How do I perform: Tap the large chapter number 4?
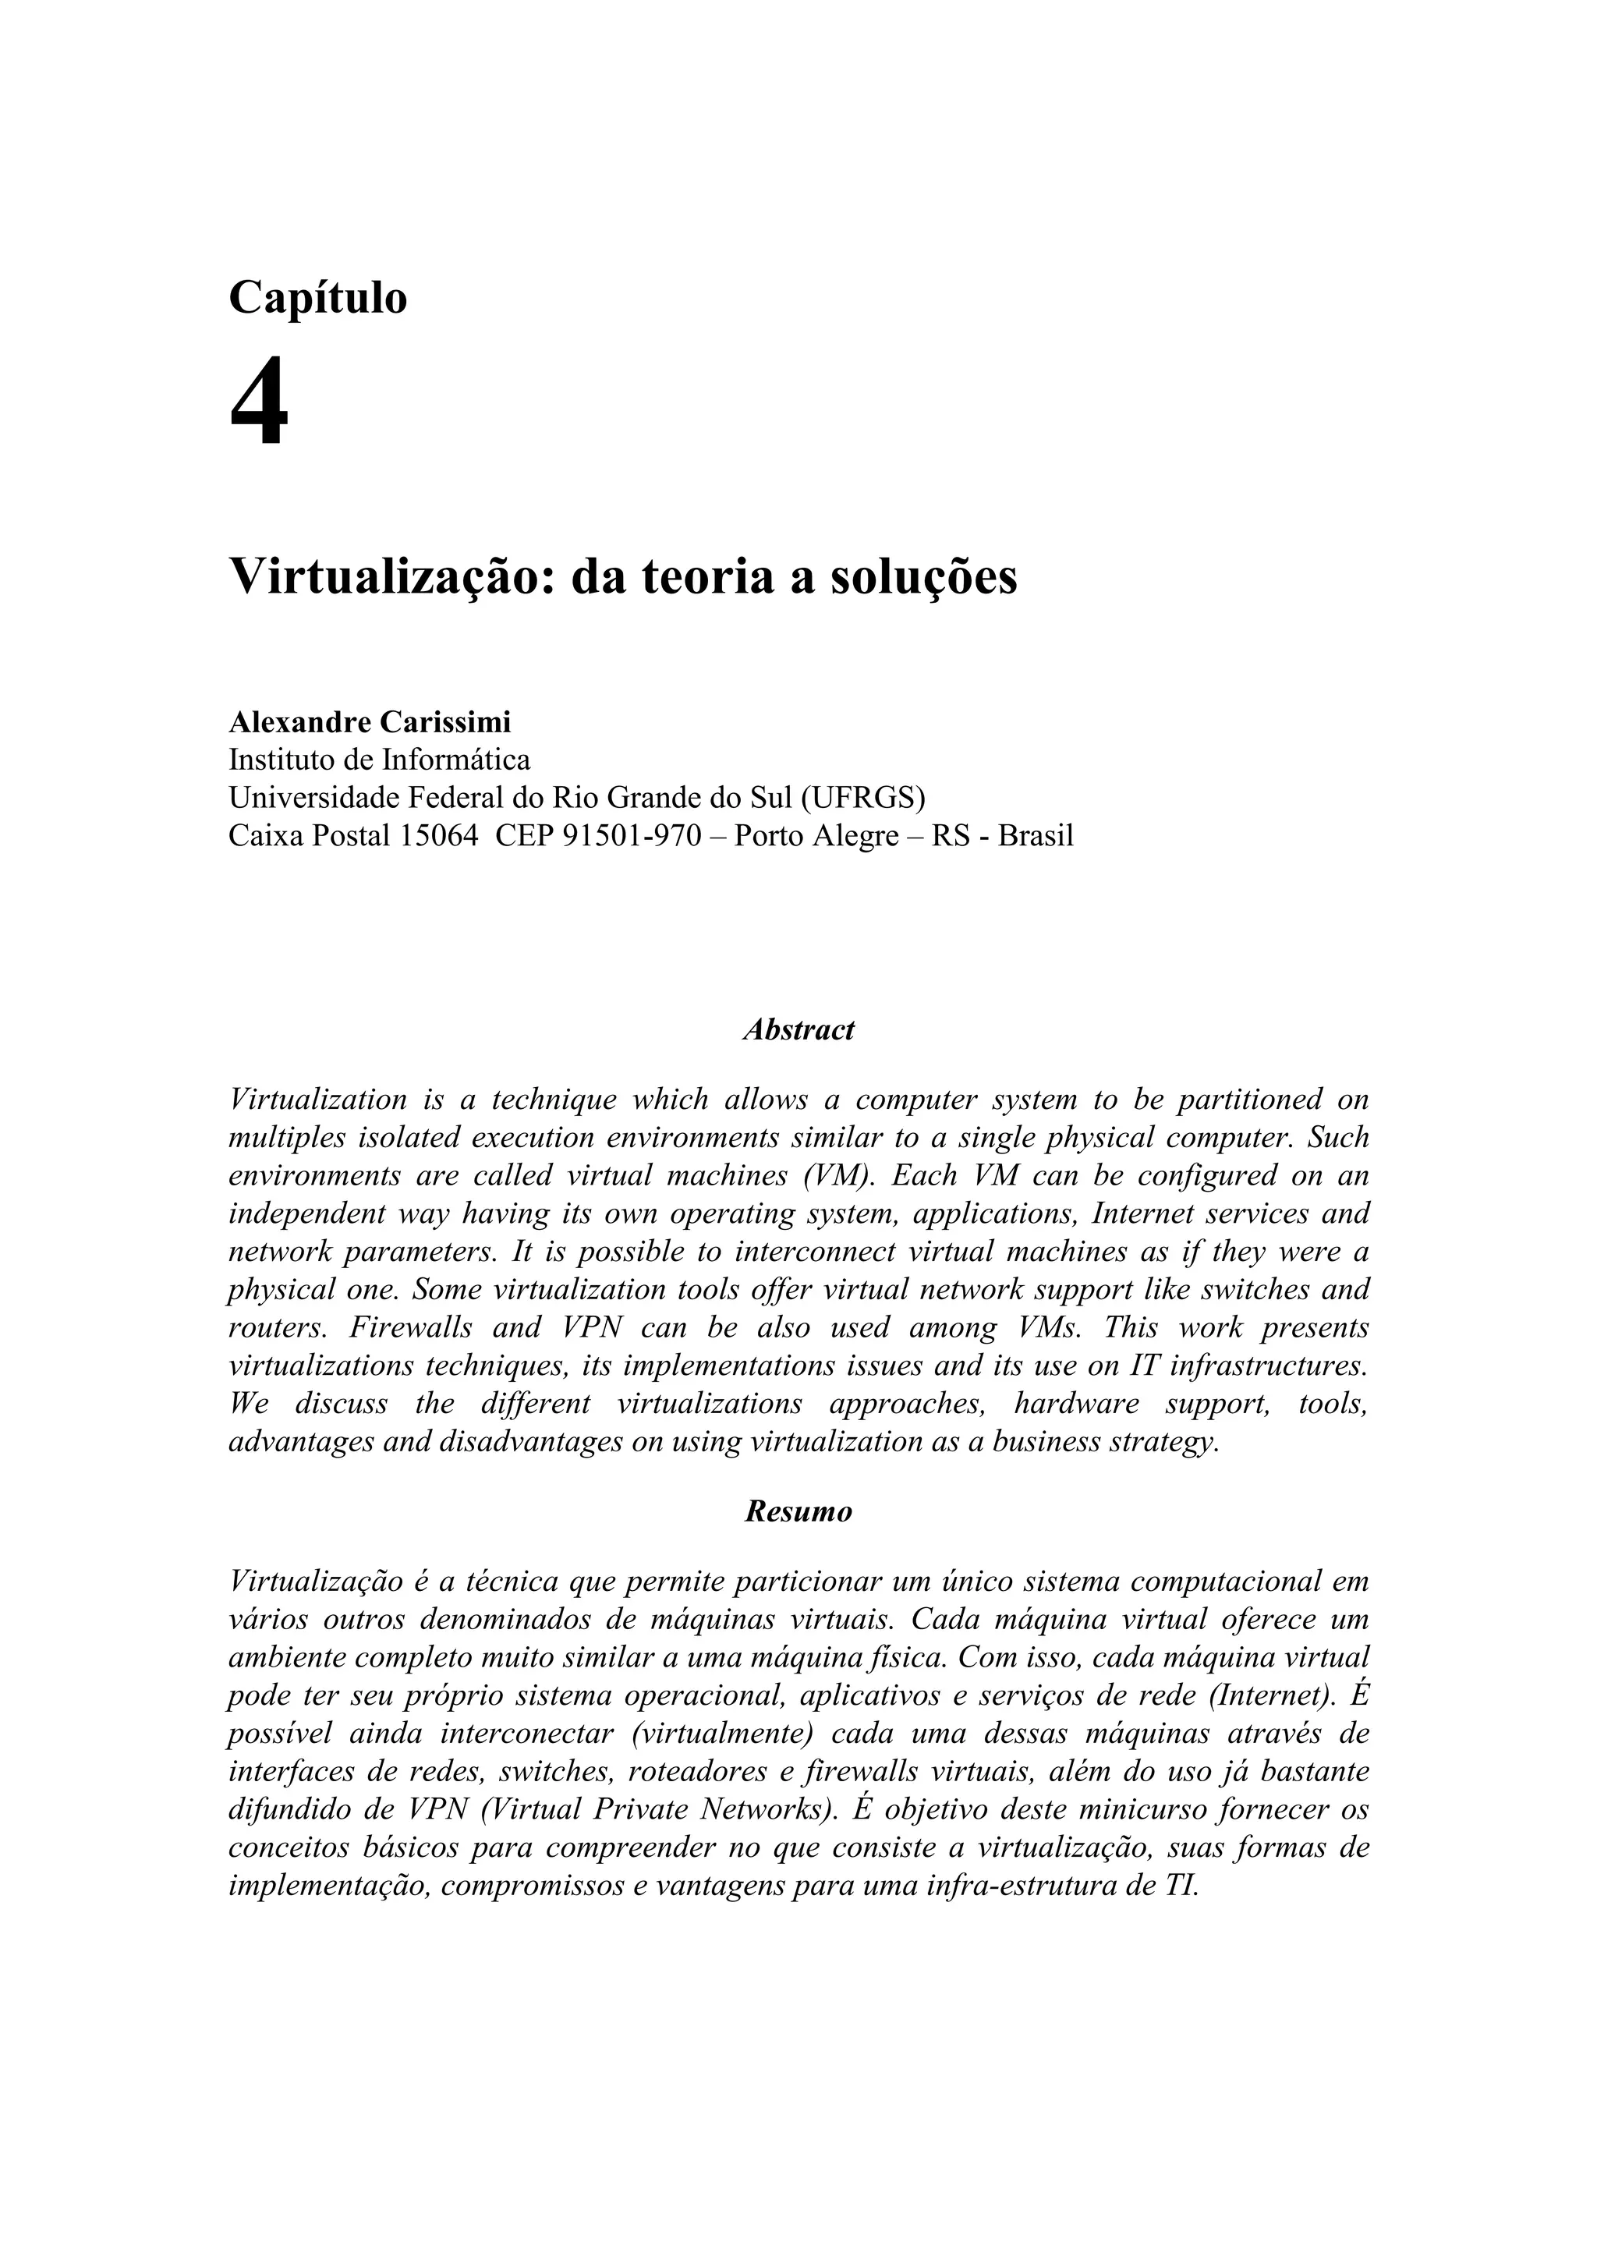[x=259, y=402]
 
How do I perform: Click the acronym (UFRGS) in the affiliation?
[x=863, y=796]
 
